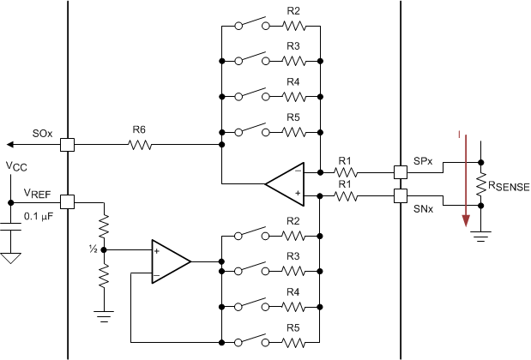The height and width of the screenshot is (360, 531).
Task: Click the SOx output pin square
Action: pyautogui.click(x=67, y=145)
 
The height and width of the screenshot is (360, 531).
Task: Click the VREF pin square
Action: pyautogui.click(x=67, y=202)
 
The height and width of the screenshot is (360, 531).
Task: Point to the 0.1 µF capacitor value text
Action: pyautogui.click(x=39, y=216)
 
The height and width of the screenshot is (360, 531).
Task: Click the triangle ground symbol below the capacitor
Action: pyautogui.click(x=10, y=256)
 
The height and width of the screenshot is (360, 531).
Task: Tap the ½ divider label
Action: pyautogui.click(x=92, y=249)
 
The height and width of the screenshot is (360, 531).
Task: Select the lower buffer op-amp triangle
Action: pyautogui.click(x=170, y=260)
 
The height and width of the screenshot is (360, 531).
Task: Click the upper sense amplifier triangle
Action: pyautogui.click(x=286, y=183)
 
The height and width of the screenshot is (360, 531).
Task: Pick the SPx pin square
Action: pyautogui.click(x=401, y=171)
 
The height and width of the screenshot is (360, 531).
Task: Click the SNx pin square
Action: pyautogui.click(x=401, y=196)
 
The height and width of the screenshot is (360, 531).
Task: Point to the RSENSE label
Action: pyautogui.click(x=508, y=185)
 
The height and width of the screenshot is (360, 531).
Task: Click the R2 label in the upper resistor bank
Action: pyautogui.click(x=293, y=12)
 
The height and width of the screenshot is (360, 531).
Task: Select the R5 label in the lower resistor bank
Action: pyautogui.click(x=293, y=327)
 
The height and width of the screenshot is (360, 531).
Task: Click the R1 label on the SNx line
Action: pyautogui.click(x=345, y=184)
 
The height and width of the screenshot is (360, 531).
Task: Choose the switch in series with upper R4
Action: pyautogui.click(x=250, y=95)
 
